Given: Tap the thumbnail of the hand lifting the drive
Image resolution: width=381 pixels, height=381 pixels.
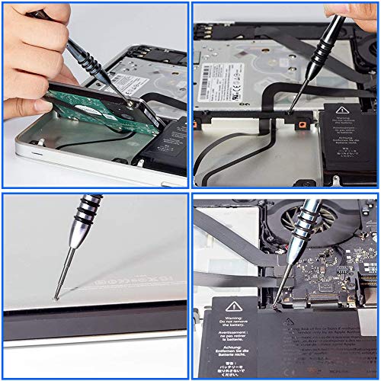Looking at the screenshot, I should (94, 94).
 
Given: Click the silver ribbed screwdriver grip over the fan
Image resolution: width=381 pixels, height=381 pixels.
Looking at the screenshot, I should (309, 221).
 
